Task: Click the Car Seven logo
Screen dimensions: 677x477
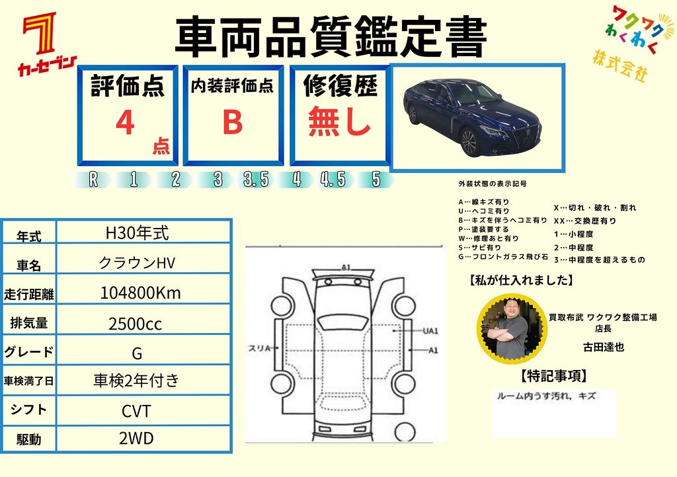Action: [47, 44]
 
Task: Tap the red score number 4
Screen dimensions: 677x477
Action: [125, 122]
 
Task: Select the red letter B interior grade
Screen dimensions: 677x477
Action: [233, 122]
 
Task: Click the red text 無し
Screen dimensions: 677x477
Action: [339, 122]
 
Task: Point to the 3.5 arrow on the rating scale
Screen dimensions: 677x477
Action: [256, 180]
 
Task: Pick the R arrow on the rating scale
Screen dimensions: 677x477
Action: [93, 180]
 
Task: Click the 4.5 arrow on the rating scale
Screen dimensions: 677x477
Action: [334, 180]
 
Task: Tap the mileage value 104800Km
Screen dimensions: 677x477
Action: [141, 293]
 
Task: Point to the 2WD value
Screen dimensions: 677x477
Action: [136, 439]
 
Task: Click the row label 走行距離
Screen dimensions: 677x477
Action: [29, 295]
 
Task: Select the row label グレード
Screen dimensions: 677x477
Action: [28, 352]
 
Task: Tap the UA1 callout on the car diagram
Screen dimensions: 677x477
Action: [430, 331]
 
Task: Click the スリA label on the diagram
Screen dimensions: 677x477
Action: [259, 348]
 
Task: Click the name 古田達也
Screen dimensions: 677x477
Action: [603, 348]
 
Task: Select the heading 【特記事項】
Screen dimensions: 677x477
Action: [554, 376]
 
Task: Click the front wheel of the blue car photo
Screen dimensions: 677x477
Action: [469, 142]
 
